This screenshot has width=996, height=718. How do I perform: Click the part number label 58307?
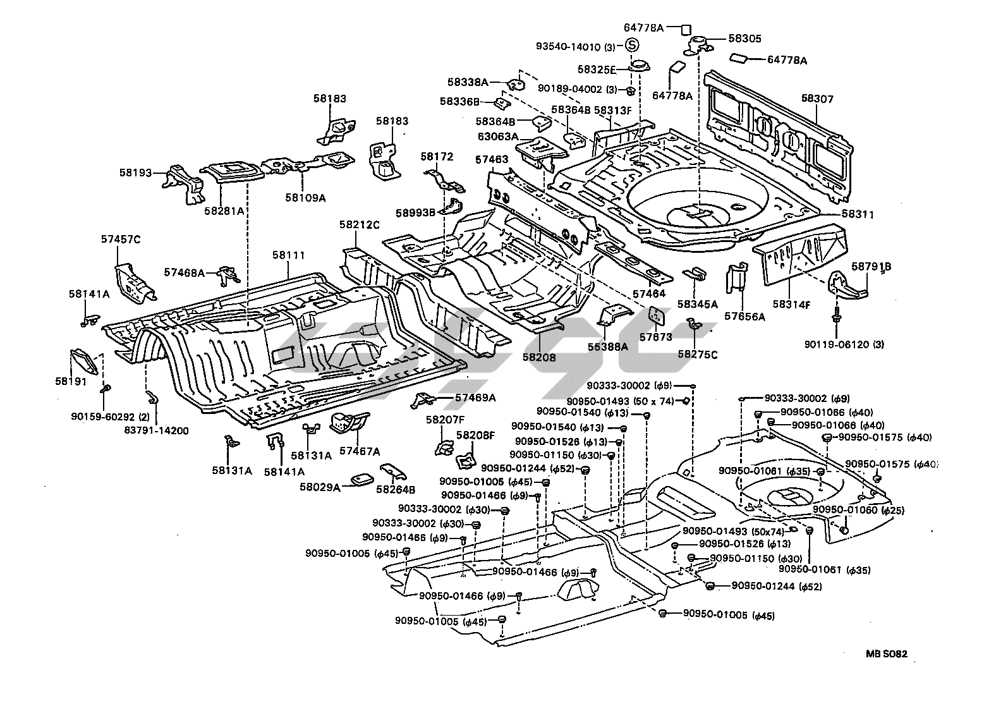pyautogui.click(x=817, y=99)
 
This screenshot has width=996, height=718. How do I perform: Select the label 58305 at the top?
pyautogui.click(x=744, y=39)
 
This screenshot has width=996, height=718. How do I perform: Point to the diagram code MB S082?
pyautogui.click(x=886, y=654)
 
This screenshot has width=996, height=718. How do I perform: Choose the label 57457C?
pyautogui.click(x=121, y=239)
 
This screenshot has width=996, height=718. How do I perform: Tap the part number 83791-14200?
pyautogui.click(x=157, y=430)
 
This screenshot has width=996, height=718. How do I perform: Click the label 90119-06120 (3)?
pyautogui.click(x=844, y=344)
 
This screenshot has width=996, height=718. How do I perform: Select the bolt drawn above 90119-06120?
pyautogui.click(x=835, y=314)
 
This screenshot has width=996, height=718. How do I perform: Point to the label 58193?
pyautogui.click(x=136, y=173)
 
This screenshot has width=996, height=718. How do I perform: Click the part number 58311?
pyautogui.click(x=858, y=214)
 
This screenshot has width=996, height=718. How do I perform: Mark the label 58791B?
pyautogui.click(x=871, y=266)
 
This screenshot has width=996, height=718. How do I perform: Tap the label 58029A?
pyautogui.click(x=320, y=487)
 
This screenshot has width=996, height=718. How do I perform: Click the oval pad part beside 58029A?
pyautogui.click(x=362, y=480)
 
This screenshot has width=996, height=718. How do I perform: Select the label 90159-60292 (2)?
pyautogui.click(x=110, y=417)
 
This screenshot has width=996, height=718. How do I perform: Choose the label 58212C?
pyautogui.click(x=359, y=225)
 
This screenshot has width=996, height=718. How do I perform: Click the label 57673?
pyautogui.click(x=656, y=337)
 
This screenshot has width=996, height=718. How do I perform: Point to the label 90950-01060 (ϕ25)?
pyautogui.click(x=859, y=510)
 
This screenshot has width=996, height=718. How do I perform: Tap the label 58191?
pyautogui.click(x=71, y=382)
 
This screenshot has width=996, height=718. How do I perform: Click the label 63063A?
pyautogui.click(x=498, y=136)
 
